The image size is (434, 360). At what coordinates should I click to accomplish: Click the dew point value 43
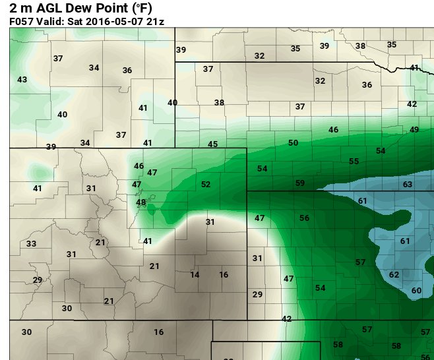(22, 80)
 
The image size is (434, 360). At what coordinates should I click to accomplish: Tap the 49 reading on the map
(414, 130)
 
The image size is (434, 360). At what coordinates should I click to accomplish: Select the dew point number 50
(293, 143)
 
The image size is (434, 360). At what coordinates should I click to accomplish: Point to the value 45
(212, 144)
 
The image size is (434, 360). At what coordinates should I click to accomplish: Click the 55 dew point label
(354, 162)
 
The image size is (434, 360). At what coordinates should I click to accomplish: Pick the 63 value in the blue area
(408, 185)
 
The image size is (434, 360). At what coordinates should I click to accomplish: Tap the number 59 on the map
(300, 183)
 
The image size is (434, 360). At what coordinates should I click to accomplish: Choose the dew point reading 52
(206, 185)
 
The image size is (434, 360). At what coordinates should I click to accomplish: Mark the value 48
(141, 202)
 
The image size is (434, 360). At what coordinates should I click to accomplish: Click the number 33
(31, 244)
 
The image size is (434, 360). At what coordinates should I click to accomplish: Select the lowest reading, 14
(195, 275)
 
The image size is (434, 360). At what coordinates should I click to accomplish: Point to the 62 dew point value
(394, 275)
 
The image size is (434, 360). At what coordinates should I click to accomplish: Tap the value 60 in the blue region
(416, 291)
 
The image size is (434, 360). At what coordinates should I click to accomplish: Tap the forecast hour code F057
(22, 21)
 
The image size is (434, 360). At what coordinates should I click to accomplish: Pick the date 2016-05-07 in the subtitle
(112, 21)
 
